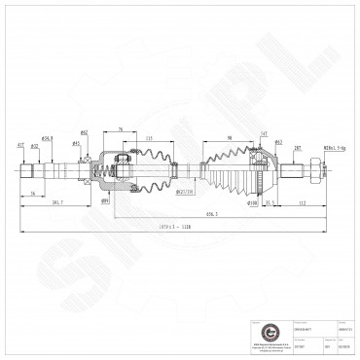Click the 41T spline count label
[20, 145]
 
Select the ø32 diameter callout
[34, 147]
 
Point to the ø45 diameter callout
[76, 143]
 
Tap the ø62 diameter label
[112, 132]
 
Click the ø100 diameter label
[253, 203]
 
